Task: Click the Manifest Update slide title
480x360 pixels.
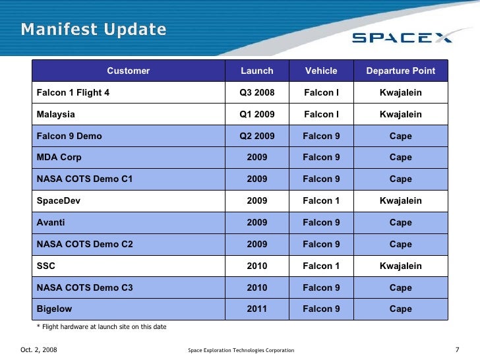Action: tap(93, 30)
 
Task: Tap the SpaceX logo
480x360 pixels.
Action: tap(402, 38)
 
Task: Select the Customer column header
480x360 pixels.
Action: tap(129, 71)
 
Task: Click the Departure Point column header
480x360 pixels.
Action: tap(400, 71)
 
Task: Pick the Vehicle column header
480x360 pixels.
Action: tap(321, 71)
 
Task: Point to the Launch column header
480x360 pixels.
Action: tap(256, 71)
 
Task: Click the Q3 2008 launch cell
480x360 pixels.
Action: tap(256, 92)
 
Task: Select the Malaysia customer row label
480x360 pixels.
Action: tap(56, 114)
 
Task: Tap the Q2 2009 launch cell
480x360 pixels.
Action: tap(256, 136)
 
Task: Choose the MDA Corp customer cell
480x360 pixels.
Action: tap(59, 158)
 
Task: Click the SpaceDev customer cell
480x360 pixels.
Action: tap(58, 200)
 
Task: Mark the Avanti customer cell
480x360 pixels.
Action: tap(51, 222)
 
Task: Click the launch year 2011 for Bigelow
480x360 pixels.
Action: tap(256, 309)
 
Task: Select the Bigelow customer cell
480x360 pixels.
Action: tap(54, 309)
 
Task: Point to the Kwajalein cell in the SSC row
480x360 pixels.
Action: tap(400, 266)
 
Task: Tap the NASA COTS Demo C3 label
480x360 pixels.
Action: tap(84, 287)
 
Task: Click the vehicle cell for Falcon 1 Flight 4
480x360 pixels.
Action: tap(321, 92)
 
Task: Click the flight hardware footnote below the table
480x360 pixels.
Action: tap(101, 327)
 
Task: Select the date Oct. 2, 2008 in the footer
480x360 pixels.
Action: tap(39, 349)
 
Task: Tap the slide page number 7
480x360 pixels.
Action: tap(457, 349)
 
